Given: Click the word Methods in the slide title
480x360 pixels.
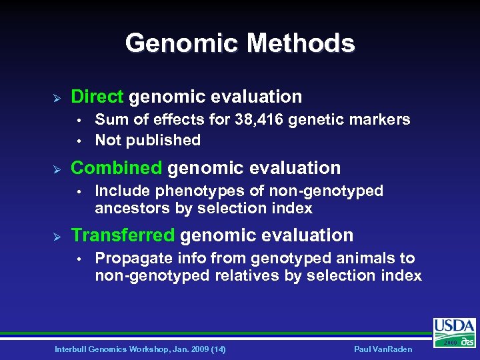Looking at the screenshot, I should point(301,43).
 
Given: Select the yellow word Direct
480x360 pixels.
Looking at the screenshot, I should point(97,97).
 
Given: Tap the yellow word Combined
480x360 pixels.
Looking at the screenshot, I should point(116,168).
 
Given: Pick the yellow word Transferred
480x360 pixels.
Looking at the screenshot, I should point(123,235).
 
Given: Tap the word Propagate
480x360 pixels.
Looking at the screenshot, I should point(131,259).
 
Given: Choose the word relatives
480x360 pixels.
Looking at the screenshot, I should point(247,275).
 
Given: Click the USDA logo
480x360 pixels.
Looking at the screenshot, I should point(455,332).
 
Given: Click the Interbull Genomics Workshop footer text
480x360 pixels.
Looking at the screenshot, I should point(140,349).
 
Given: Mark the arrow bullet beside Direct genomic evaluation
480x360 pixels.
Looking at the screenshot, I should point(57,97).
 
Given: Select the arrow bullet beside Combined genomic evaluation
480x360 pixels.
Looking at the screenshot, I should point(57,169).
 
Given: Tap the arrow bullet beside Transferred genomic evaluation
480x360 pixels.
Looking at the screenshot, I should point(57,236).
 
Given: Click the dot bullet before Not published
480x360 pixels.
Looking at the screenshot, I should point(79,141).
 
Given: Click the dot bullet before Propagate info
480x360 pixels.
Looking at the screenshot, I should point(79,259).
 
